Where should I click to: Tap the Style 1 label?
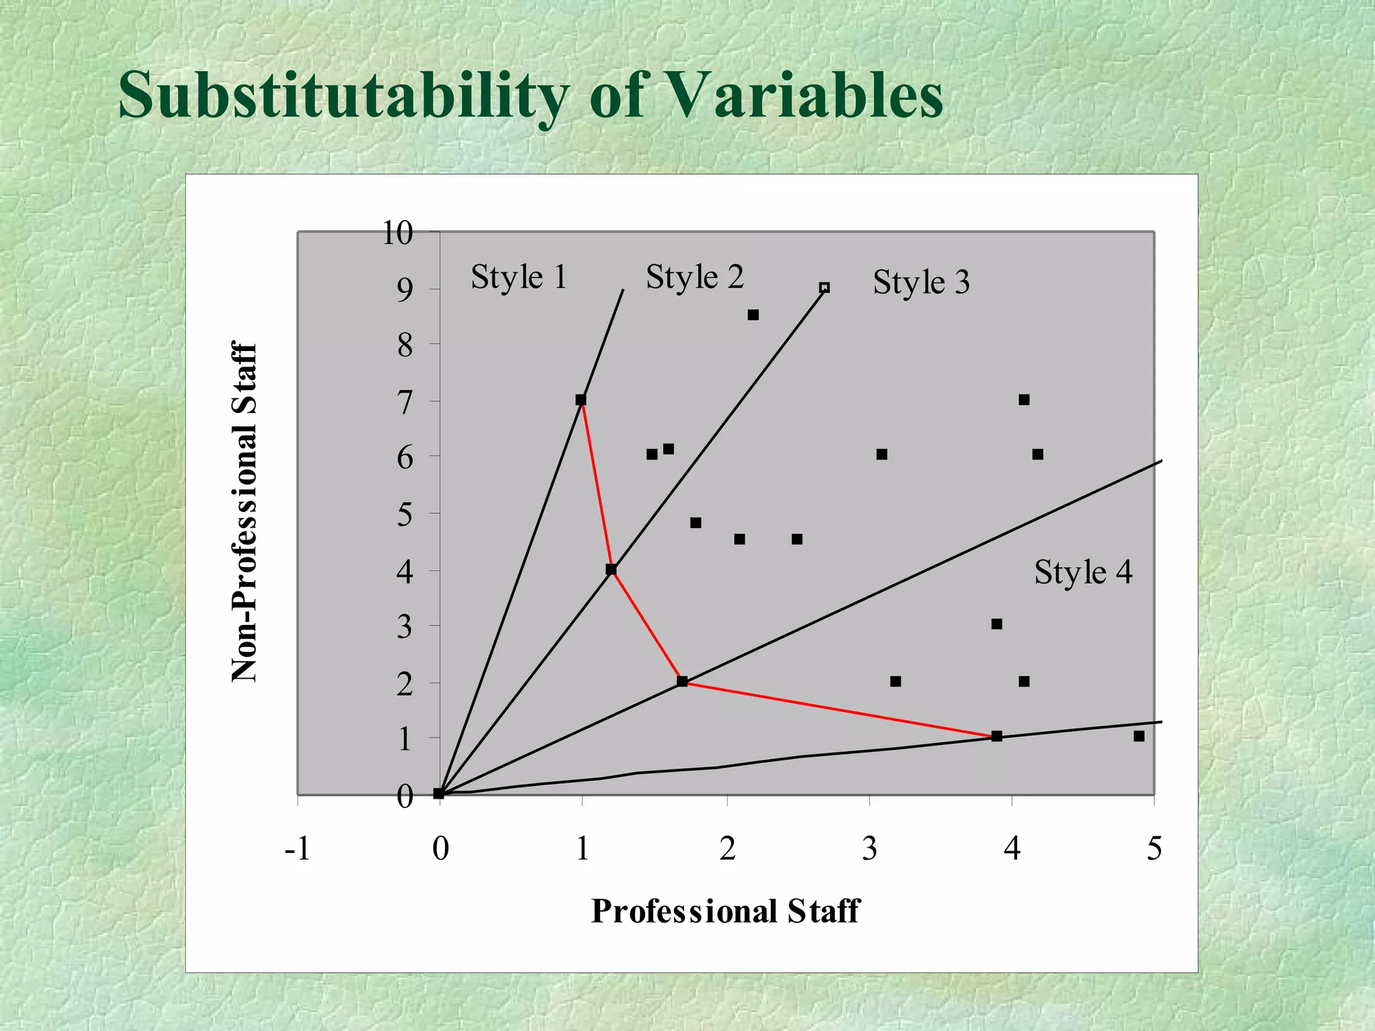tap(518, 277)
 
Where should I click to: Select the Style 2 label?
tap(694, 277)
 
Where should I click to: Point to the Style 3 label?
tap(920, 282)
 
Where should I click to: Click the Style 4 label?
tap(1082, 573)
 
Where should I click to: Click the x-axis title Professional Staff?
tap(724, 912)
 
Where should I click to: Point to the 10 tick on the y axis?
tap(397, 234)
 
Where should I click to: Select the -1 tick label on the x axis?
tap(297, 848)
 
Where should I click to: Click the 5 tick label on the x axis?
tap(1153, 848)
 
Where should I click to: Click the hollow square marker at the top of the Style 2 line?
tap(824, 287)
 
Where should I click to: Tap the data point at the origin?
tap(438, 793)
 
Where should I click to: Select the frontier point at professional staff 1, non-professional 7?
tap(581, 400)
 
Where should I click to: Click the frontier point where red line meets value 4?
tap(611, 569)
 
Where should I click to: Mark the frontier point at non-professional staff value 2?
tap(682, 681)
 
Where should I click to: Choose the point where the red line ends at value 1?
tap(996, 736)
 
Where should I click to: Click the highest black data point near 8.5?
tap(753, 315)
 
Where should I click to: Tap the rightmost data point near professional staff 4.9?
tap(1139, 736)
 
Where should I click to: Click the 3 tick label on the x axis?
tap(869, 848)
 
